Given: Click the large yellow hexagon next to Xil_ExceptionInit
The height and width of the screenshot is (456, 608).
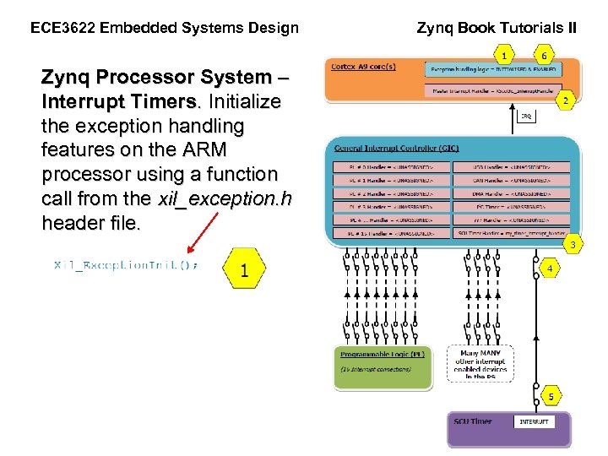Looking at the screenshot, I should click(244, 269).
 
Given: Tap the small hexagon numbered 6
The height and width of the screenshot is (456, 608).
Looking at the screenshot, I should click(545, 56).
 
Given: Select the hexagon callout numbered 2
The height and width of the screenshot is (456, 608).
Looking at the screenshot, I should click(566, 100).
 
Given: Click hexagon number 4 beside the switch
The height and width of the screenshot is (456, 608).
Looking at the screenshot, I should click(550, 269).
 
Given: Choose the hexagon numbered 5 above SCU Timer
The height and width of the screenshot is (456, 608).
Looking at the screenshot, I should click(550, 395).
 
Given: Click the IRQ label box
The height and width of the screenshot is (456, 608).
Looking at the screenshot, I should click(525, 117).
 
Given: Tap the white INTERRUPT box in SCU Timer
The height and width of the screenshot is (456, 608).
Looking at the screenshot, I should click(534, 421).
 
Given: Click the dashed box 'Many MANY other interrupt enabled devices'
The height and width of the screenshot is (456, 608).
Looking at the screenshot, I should click(480, 364).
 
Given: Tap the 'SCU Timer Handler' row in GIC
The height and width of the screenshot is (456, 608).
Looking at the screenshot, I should click(512, 232).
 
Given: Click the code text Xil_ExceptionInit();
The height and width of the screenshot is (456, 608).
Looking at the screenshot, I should click(126, 265).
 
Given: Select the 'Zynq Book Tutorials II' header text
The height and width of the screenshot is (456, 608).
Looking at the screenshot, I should click(497, 28).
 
